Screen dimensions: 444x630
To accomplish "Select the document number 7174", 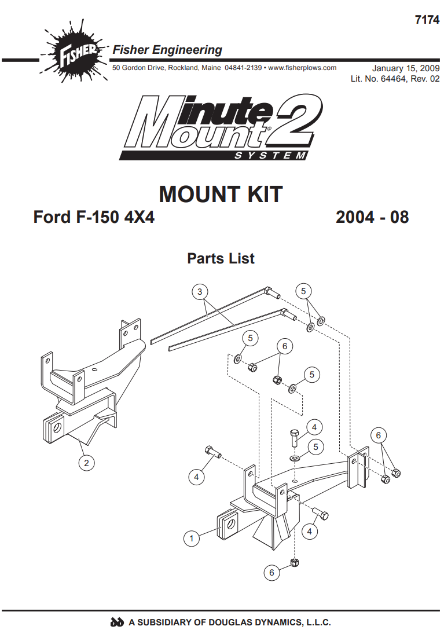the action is tap(427, 20).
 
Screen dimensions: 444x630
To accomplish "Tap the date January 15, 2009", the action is tap(406, 68).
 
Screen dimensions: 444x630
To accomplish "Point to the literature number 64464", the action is tap(393, 79).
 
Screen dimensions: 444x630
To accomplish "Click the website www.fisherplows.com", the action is tap(302, 68).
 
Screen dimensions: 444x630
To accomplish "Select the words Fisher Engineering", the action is tap(167, 50).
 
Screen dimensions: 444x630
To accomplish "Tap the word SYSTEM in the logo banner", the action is tap(270, 156).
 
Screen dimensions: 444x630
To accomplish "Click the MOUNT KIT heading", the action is tap(221, 195).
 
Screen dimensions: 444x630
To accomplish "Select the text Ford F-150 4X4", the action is tap(94, 217).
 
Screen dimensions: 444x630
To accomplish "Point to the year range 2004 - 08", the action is tap(372, 217).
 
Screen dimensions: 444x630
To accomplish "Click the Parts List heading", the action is tap(221, 258).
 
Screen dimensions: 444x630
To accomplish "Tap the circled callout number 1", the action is tap(191, 538).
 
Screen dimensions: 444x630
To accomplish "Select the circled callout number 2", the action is tap(86, 463).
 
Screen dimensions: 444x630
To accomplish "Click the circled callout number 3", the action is tap(200, 291).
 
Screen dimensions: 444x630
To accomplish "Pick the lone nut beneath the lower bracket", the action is tap(295, 562).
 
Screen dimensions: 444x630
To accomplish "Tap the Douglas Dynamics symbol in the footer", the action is tap(117, 622).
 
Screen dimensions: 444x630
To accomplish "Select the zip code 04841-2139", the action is tap(243, 68).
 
